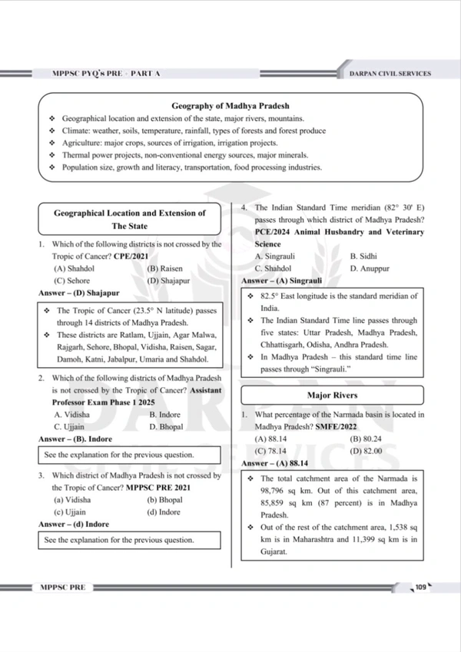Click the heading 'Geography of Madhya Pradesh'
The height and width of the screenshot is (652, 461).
(x=230, y=106)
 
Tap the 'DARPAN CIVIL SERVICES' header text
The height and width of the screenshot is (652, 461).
(x=390, y=74)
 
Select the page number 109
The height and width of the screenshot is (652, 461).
(x=420, y=587)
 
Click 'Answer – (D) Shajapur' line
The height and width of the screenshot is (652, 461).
(x=78, y=293)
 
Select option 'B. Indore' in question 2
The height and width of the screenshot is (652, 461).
(x=165, y=414)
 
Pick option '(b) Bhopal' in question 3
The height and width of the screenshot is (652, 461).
(x=164, y=500)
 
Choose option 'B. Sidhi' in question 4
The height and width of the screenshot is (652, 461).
(x=363, y=256)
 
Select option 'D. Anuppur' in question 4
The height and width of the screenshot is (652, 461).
(x=369, y=269)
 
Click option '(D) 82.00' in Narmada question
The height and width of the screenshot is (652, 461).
(x=366, y=451)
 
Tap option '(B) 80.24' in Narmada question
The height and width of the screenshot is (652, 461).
(x=366, y=439)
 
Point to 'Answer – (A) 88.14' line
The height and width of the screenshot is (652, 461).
(x=274, y=464)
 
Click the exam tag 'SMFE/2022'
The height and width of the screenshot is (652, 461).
(x=337, y=426)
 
